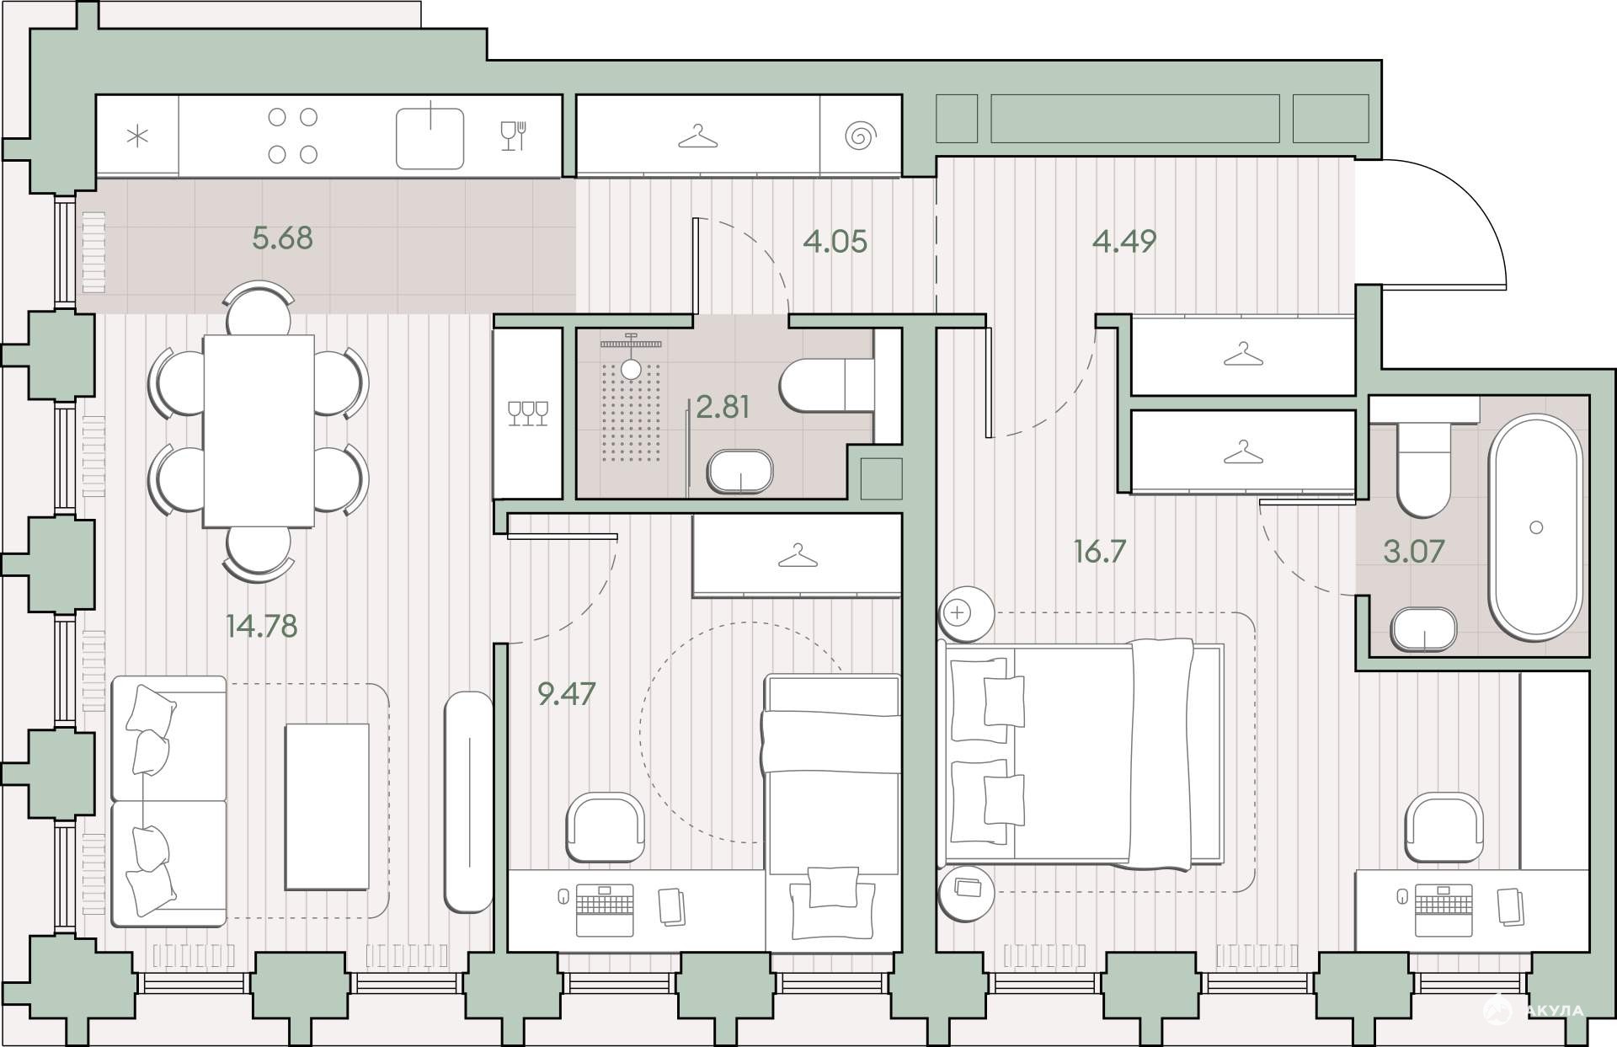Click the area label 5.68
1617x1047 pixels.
[x=282, y=238]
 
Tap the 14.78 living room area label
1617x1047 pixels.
[x=261, y=626]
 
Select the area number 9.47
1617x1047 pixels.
[x=566, y=693]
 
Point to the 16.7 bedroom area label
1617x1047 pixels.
[x=1100, y=552]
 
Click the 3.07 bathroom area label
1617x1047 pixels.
[x=1414, y=551]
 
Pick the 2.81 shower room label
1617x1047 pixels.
[x=723, y=407]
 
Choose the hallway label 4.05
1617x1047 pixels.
[x=835, y=242]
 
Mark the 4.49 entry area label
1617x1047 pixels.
[x=1124, y=241]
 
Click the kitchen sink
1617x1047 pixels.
[x=430, y=137]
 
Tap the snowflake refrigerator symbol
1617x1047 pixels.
[x=137, y=136]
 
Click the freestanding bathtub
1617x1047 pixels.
[x=1535, y=528]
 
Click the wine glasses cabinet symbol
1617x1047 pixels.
[x=528, y=413]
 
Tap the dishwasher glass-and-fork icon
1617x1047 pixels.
[x=513, y=136]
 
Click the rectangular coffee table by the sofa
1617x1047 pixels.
[x=327, y=806]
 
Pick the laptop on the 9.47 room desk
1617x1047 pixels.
[x=604, y=910]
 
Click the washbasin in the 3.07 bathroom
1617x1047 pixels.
[x=1423, y=630]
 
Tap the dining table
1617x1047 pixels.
[x=259, y=430]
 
